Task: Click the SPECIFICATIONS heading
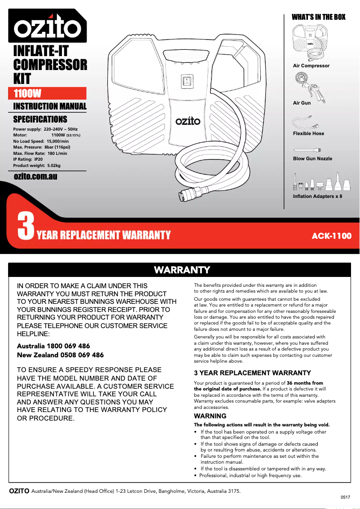[40, 119]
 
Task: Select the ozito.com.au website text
[35, 176]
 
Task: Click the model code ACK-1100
[332, 236]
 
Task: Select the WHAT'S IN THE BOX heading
[319, 17]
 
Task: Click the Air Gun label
[302, 103]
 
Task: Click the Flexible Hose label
[308, 134]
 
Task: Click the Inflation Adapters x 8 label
[317, 197]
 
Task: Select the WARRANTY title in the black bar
[182, 270]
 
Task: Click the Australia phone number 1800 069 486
[53, 346]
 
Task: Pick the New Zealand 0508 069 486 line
[60, 355]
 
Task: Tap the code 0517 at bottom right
[345, 497]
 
